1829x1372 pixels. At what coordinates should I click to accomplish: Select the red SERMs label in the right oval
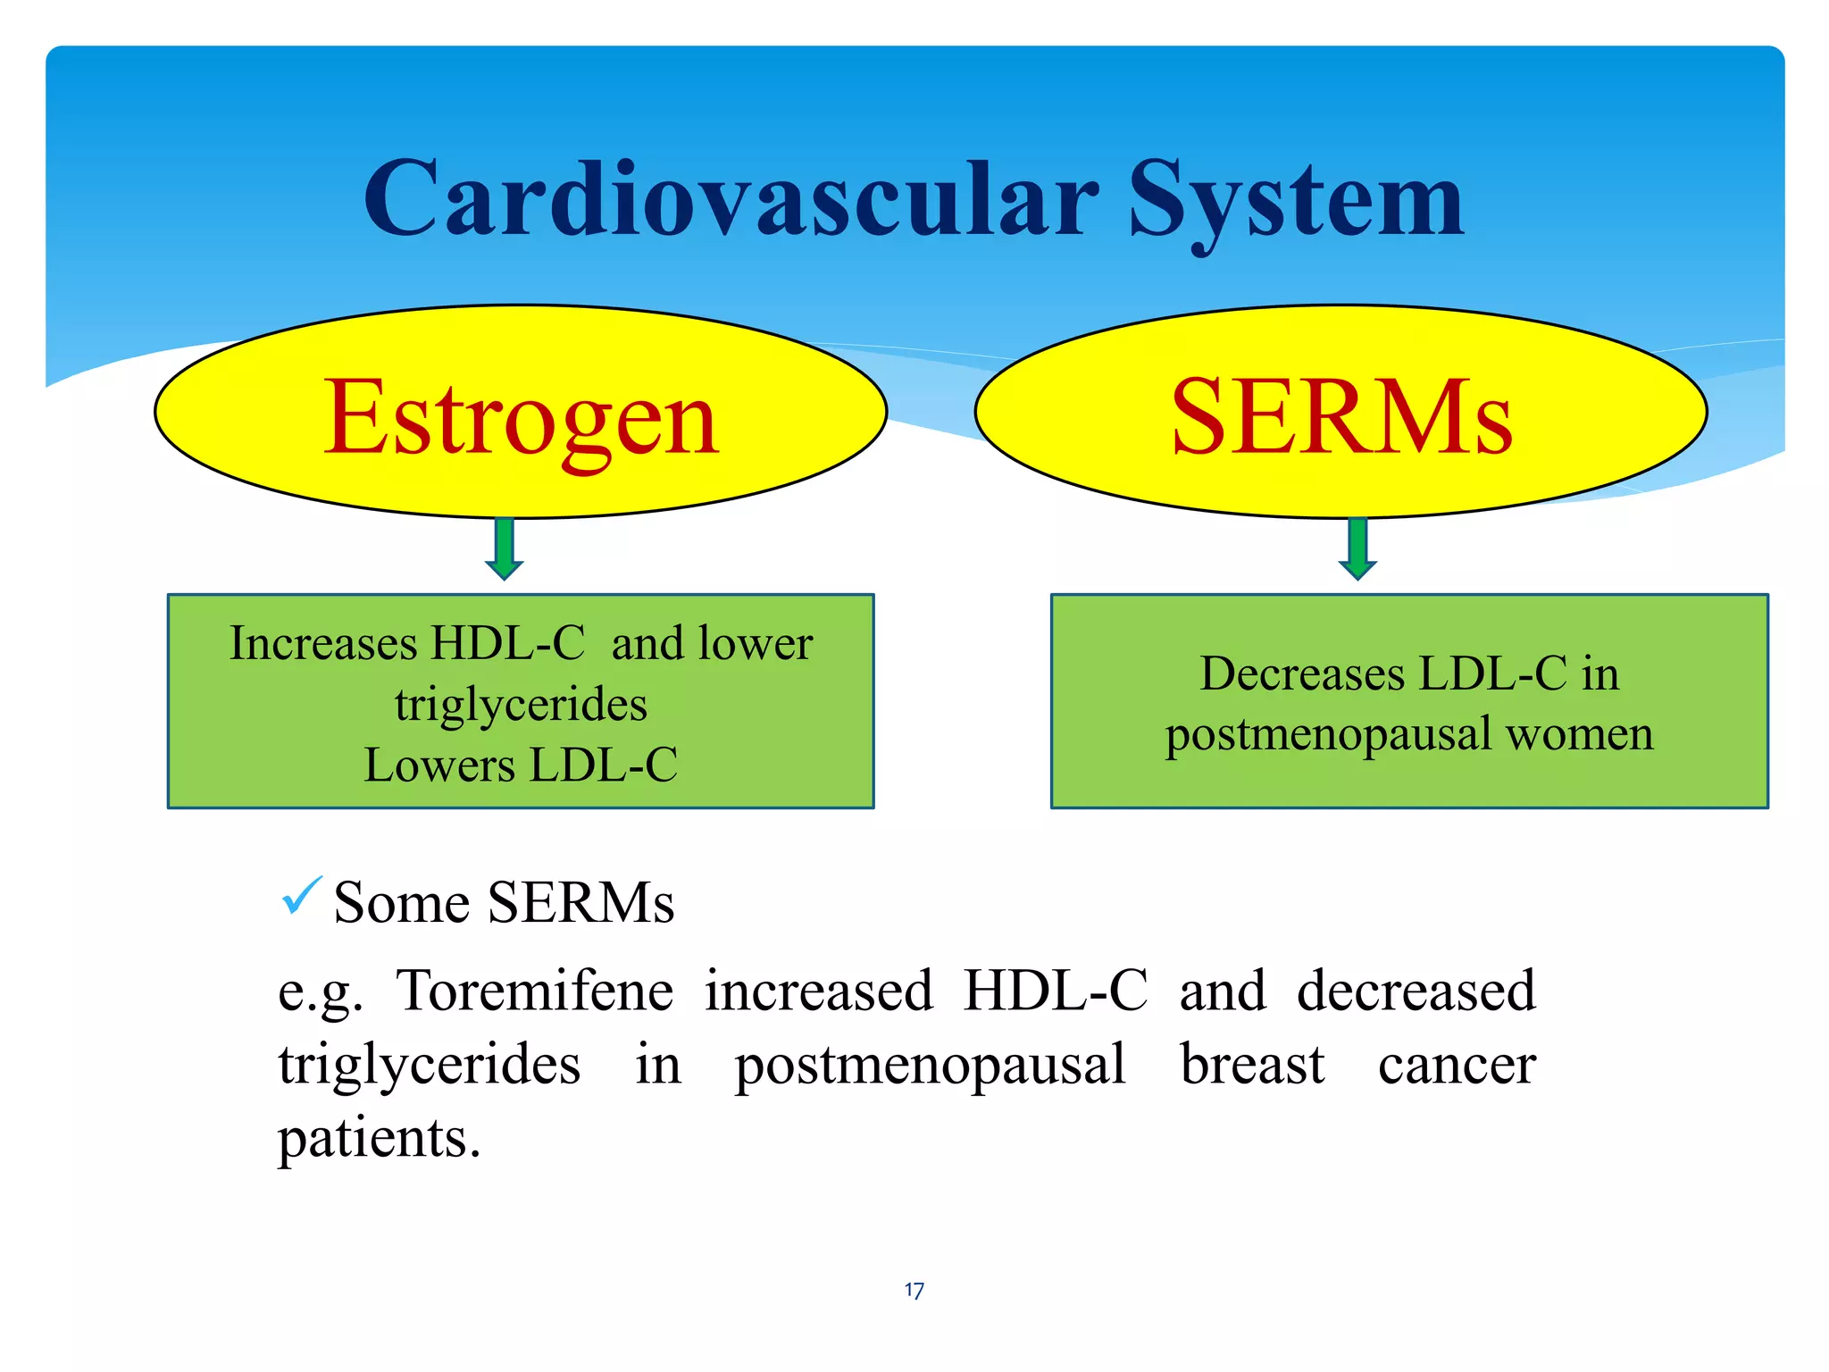pyautogui.click(x=1341, y=417)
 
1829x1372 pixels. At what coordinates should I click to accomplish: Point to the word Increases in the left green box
pyautogui.click(x=323, y=643)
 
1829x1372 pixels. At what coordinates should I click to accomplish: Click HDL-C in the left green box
pyautogui.click(x=507, y=643)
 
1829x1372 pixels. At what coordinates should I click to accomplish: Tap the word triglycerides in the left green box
pyautogui.click(x=521, y=705)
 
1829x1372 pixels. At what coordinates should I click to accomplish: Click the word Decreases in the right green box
pyautogui.click(x=1302, y=673)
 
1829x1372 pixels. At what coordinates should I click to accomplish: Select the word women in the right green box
pyautogui.click(x=1579, y=734)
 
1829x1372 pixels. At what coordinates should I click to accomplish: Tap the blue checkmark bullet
pyautogui.click(x=301, y=896)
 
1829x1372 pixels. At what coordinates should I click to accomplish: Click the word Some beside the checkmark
pyautogui.click(x=401, y=903)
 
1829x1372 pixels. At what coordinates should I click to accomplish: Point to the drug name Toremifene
pyautogui.click(x=535, y=991)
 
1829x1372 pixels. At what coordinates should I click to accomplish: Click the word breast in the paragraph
pyautogui.click(x=1252, y=1065)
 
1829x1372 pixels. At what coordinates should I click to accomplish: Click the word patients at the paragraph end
pyautogui.click(x=378, y=1140)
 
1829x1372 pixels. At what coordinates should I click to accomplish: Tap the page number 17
pyautogui.click(x=914, y=1291)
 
